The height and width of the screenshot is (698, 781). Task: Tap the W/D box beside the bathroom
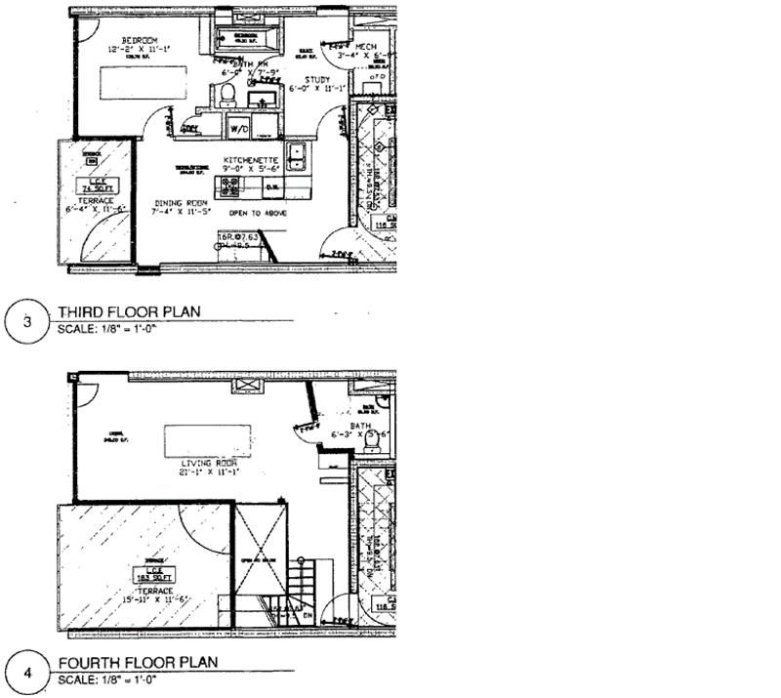(239, 128)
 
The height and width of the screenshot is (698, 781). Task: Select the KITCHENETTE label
(252, 159)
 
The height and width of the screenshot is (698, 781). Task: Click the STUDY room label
(317, 80)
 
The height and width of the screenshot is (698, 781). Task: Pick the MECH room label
(365, 46)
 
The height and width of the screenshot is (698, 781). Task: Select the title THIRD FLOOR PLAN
(129, 312)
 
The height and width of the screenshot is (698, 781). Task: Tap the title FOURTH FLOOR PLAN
(137, 662)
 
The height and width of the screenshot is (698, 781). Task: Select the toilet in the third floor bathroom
(226, 95)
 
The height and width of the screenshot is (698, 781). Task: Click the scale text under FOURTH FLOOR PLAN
(107, 678)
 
